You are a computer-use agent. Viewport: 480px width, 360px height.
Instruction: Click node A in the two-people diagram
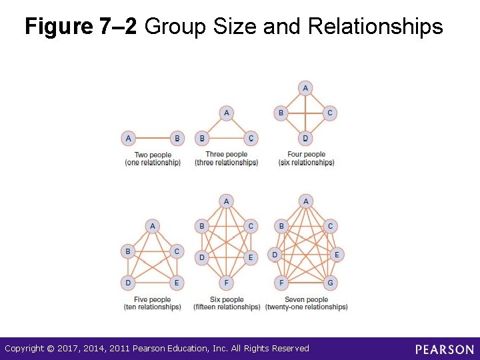(129, 139)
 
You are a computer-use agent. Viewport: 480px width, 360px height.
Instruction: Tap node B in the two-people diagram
(177, 139)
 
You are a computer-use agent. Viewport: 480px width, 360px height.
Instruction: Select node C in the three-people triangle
(251, 139)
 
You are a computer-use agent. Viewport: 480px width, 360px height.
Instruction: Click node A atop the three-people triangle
(227, 113)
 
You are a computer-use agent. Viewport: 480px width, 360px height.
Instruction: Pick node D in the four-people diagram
(305, 139)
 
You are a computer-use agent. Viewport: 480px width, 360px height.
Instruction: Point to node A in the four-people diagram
(305, 88)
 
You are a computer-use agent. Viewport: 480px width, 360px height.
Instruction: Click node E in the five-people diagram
(177, 283)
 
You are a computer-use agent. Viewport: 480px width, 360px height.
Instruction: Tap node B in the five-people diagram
(128, 252)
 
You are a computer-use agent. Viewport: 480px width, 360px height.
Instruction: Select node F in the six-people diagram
(227, 283)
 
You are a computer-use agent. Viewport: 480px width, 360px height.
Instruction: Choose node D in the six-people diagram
(202, 257)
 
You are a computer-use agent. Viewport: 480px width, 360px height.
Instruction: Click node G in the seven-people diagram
(330, 283)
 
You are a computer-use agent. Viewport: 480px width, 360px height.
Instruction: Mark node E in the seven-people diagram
(337, 255)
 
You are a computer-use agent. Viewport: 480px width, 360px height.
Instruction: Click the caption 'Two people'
(153, 155)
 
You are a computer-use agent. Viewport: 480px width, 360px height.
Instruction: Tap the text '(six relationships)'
(307, 163)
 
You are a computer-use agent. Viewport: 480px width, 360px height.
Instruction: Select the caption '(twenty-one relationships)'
(306, 307)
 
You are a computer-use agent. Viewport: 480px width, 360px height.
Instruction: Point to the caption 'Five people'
(152, 300)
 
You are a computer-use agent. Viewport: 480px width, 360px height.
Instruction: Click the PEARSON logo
(444, 349)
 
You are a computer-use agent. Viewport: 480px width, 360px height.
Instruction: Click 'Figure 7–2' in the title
(81, 27)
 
